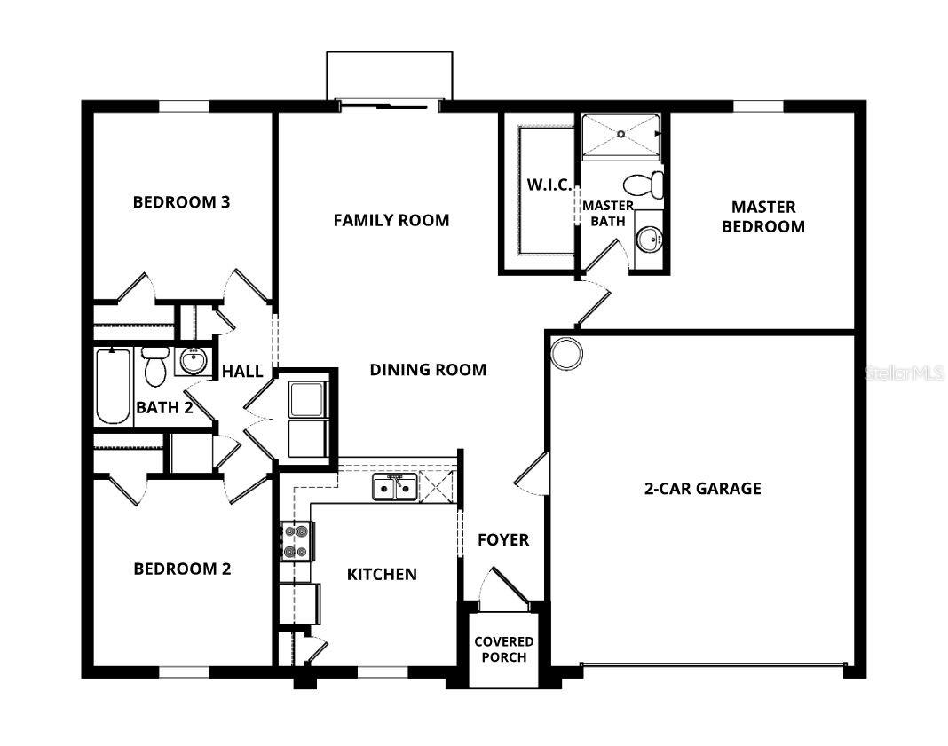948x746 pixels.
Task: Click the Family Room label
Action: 391,220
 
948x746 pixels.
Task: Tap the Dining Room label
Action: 428,370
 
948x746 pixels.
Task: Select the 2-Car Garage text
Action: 702,488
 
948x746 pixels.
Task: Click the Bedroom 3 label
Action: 181,201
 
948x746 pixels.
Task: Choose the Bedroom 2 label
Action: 182,569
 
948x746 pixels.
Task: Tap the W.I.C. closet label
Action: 549,185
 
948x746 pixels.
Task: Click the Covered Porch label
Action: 503,649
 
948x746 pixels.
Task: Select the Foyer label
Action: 503,539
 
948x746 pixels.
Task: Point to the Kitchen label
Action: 382,574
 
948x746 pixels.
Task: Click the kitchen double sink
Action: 394,487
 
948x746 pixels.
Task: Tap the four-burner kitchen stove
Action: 296,541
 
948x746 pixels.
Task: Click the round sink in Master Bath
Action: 648,238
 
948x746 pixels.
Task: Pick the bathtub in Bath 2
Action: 114,387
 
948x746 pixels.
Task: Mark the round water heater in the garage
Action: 566,353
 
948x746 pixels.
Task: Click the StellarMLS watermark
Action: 904,374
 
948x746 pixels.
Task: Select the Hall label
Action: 241,371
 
